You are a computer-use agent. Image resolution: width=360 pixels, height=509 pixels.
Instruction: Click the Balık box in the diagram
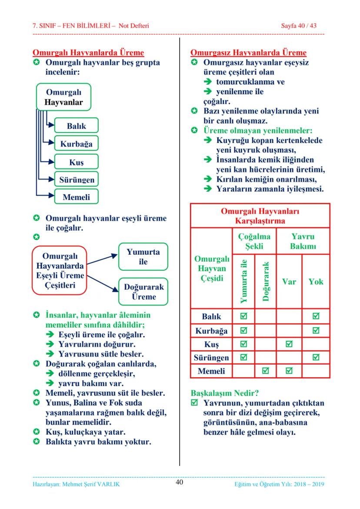76,126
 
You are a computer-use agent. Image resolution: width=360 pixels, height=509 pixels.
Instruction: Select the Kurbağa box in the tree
76,144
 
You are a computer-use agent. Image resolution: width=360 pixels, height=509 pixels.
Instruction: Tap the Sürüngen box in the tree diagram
76,179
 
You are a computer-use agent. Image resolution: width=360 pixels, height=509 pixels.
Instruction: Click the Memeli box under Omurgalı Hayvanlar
76,197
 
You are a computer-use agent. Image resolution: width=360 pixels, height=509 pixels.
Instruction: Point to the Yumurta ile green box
143,256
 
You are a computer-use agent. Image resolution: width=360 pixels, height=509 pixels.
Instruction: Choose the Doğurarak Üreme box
143,292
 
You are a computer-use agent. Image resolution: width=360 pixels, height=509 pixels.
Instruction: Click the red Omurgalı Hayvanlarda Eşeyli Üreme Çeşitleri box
60,270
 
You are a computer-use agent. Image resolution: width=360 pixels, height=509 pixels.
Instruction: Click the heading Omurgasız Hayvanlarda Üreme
248,53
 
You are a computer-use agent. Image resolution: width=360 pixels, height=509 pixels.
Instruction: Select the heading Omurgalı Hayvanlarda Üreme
88,53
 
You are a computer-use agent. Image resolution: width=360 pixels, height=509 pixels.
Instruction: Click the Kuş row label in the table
211,344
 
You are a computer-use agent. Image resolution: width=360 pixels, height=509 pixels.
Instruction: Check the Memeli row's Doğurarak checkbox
265,371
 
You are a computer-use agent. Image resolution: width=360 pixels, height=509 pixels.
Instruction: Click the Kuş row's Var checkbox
289,344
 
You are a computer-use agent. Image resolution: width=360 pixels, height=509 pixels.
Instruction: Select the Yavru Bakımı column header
303,241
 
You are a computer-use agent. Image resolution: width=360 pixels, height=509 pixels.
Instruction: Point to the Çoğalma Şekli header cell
254,241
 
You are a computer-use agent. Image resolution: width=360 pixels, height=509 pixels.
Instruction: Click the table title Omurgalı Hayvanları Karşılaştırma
260,216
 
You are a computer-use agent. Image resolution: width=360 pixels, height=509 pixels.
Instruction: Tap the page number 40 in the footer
180,482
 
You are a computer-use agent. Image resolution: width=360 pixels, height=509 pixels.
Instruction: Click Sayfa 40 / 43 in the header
299,26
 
